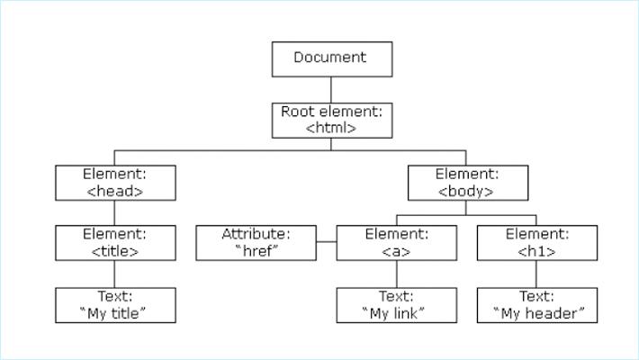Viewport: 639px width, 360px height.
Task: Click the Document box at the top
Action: pos(332,58)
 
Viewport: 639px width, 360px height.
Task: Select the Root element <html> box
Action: pos(332,120)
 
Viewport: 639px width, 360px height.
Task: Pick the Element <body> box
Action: pos(465,182)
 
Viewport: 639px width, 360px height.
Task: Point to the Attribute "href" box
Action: pos(256,243)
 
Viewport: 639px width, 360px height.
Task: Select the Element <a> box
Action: pos(397,243)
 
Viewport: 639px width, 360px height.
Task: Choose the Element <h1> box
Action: pos(537,243)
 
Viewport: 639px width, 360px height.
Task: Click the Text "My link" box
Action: pos(397,305)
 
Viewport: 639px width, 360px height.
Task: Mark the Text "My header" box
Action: pos(537,305)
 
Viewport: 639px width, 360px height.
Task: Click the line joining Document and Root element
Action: pos(332,89)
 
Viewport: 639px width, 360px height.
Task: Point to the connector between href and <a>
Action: pos(327,243)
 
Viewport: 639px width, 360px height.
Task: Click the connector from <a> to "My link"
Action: pos(397,274)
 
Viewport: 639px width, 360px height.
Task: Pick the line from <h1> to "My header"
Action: pos(537,274)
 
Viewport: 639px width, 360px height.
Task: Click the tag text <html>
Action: pos(332,128)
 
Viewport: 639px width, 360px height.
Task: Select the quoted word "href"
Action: pos(256,251)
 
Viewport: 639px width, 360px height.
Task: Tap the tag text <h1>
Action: pos(537,251)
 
